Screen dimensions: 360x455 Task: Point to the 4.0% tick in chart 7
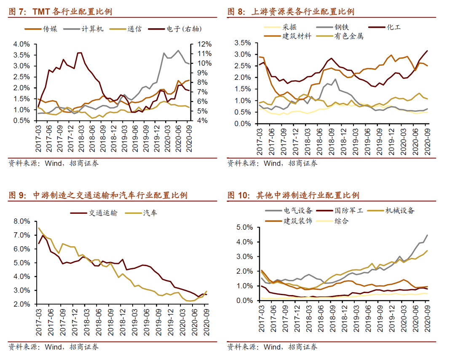(21, 44)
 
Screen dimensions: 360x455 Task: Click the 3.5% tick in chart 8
(242, 43)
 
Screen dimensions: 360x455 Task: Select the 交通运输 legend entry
(103, 213)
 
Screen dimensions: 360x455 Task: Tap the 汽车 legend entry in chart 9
(150, 213)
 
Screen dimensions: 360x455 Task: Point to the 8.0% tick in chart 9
(21, 221)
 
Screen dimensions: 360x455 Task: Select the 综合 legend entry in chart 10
(342, 220)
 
